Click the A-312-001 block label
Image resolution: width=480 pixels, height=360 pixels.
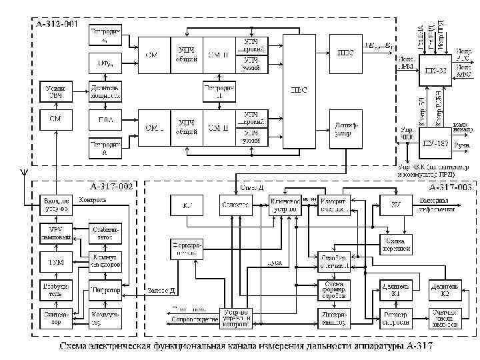pos(56,25)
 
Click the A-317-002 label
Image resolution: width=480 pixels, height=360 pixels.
pos(111,187)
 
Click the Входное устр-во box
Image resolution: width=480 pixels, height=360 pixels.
pos(55,204)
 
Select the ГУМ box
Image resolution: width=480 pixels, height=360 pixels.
pos(55,262)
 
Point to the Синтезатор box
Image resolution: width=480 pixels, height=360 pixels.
pos(55,317)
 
